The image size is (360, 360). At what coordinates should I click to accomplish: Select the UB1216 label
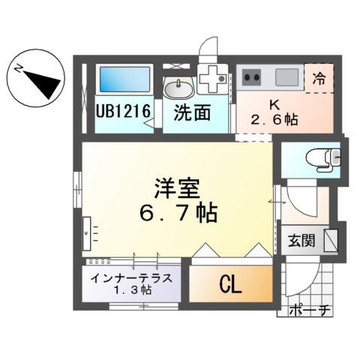pos(124,112)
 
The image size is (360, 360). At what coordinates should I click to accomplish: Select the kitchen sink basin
pos(286,76)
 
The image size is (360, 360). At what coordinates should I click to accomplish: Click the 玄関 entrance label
pos(303,241)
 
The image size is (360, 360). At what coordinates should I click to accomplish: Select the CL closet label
pos(230,284)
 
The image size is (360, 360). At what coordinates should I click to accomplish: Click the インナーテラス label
pos(131,277)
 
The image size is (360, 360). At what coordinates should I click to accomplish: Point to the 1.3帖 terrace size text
pos(131,289)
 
